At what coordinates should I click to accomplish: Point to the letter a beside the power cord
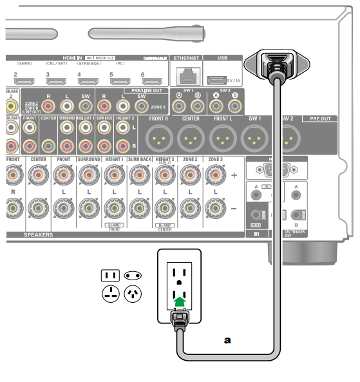pyautogui.click(x=227, y=339)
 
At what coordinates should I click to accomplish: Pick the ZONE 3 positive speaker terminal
pyautogui.click(x=215, y=175)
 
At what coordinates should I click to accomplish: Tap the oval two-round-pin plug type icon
pyautogui.click(x=133, y=276)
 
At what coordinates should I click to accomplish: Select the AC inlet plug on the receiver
pyautogui.click(x=275, y=65)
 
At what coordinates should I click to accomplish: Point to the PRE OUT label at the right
pyautogui.click(x=321, y=119)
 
